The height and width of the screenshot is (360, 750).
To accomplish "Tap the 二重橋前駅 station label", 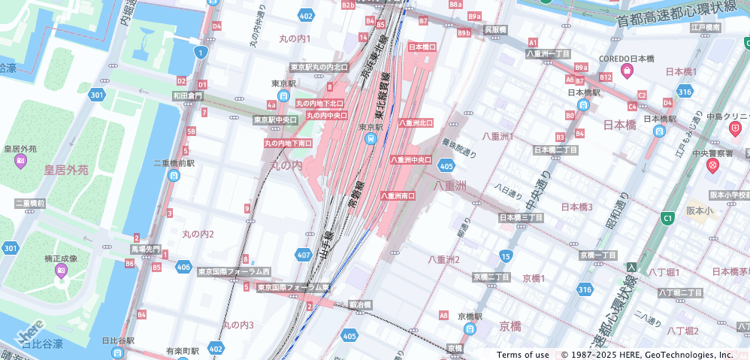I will point(174,162).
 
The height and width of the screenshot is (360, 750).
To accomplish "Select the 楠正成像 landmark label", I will point(61,259).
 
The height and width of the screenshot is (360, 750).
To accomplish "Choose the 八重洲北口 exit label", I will point(416,123).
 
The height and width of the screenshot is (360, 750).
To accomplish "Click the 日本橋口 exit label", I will point(422,47).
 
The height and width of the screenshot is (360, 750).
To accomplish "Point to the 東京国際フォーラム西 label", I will point(234,271).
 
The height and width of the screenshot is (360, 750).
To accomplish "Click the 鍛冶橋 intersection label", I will point(361,304).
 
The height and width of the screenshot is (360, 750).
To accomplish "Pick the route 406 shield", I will point(183,266).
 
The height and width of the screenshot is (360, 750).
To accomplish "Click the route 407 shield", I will point(304,256).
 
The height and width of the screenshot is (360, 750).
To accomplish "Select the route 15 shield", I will point(506,257).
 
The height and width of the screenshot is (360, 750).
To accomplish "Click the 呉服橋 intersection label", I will point(495,29).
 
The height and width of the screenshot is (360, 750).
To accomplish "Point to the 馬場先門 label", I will point(146,248).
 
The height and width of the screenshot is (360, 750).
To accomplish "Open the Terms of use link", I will point(522,355).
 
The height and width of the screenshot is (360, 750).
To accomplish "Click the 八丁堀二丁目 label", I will point(680,292).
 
